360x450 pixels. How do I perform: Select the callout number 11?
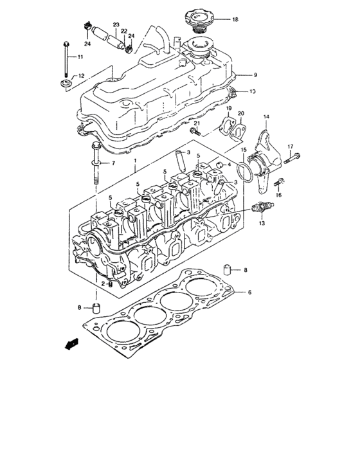[x=80, y=58]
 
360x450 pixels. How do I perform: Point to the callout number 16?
[x=279, y=194]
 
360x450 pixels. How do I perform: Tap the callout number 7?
[x=113, y=164]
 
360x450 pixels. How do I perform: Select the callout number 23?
[x=116, y=26]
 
